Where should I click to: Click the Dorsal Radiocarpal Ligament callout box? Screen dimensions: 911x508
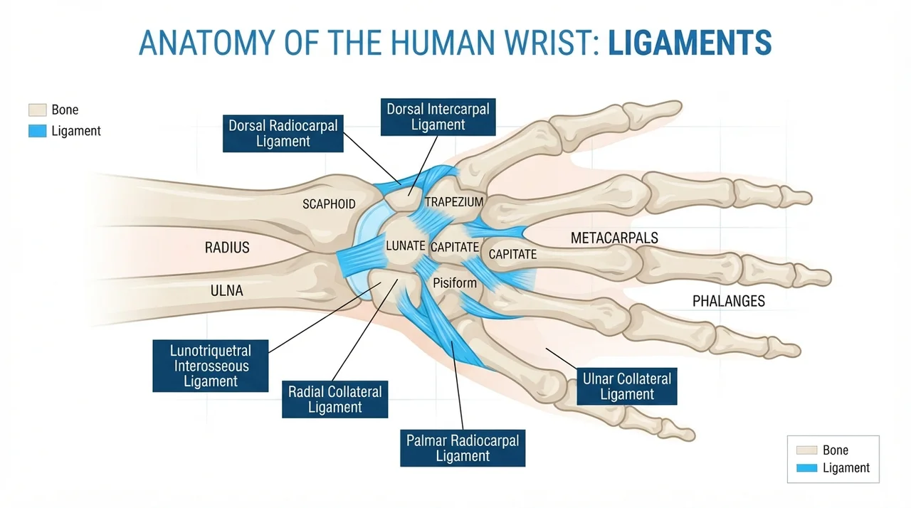pyautogui.click(x=283, y=133)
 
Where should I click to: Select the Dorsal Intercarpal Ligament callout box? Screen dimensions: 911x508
pyautogui.click(x=438, y=117)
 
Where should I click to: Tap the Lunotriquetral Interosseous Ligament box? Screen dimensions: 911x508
pyautogui.click(x=210, y=366)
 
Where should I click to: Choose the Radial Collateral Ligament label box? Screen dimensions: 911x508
pyautogui.click(x=335, y=399)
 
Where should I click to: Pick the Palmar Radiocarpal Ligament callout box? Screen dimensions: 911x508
pyautogui.click(x=463, y=448)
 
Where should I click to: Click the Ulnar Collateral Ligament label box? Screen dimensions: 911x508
pyautogui.click(x=627, y=386)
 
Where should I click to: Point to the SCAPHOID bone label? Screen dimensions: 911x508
pyautogui.click(x=329, y=204)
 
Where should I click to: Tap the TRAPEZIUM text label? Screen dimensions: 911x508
pyautogui.click(x=454, y=201)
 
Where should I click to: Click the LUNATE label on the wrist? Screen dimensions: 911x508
pyautogui.click(x=406, y=245)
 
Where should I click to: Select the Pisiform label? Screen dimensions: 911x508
pyautogui.click(x=455, y=283)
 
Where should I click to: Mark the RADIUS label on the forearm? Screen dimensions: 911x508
pyautogui.click(x=227, y=248)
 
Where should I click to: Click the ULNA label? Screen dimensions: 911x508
pyautogui.click(x=227, y=290)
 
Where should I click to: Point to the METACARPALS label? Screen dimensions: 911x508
pyautogui.click(x=614, y=238)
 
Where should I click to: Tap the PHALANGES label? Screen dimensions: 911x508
pyautogui.click(x=728, y=301)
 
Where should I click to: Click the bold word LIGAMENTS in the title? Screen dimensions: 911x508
pyautogui.click(x=690, y=43)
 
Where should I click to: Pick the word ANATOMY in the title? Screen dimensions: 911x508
pyautogui.click(x=207, y=43)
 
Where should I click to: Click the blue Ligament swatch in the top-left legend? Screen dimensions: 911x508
pyautogui.click(x=38, y=131)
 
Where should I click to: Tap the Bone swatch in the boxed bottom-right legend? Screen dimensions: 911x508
pyautogui.click(x=806, y=450)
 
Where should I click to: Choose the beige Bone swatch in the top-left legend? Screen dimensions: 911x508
pyautogui.click(x=38, y=110)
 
